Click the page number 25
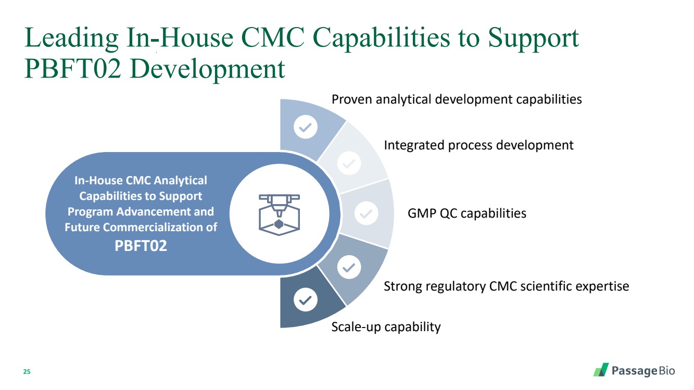click(x=27, y=372)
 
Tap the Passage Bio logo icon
click(x=601, y=370)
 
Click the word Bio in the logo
click(x=666, y=371)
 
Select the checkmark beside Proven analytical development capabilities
click(x=306, y=127)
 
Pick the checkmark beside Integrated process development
click(x=349, y=163)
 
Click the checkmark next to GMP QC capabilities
click(x=366, y=213)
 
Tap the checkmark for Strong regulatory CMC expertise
click(x=349, y=267)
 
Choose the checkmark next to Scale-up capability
click(x=306, y=299)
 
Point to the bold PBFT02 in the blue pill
click(x=141, y=246)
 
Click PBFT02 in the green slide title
click(x=72, y=69)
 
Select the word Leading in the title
click(x=71, y=39)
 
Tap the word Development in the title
click(x=207, y=69)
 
